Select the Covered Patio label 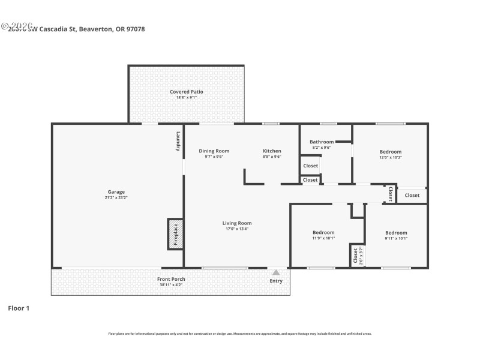pos(186,92)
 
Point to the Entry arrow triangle pos(276,272)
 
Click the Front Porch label pos(171,279)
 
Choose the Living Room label pos(237,223)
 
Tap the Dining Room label pos(214,151)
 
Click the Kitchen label pos(272,151)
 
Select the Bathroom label pos(322,142)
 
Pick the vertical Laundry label pos(178,141)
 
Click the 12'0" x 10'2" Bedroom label pos(390,152)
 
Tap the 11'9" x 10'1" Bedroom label pos(323,232)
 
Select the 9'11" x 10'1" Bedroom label pos(396,233)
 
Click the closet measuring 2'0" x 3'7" pos(357,256)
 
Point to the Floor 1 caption pos(19,308)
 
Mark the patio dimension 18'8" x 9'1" pos(186,97)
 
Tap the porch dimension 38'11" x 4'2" pos(171,284)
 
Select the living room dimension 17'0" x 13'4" pos(237,229)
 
